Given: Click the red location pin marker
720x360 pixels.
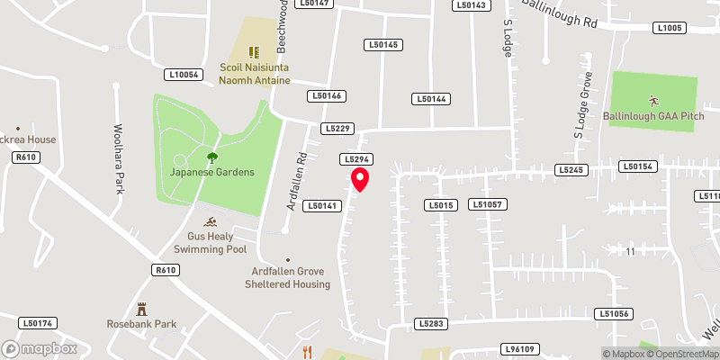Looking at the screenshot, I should tap(360, 179).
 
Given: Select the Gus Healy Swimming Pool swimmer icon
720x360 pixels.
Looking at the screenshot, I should tap(210, 222).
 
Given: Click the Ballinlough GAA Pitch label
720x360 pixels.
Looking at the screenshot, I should tap(653, 117).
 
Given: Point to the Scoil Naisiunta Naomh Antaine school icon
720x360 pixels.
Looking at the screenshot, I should tap(255, 51).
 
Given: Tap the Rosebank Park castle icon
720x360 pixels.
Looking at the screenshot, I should tap(140, 309).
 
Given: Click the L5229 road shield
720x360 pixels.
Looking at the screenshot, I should tap(337, 129).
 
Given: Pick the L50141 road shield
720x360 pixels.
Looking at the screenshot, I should tap(322, 205).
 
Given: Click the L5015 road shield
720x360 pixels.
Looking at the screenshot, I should tap(439, 205).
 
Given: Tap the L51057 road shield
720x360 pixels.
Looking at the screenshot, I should tap(488, 205).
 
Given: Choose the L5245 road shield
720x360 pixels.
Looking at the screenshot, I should tap(571, 169).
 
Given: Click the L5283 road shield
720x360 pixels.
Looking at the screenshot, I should tap(432, 323).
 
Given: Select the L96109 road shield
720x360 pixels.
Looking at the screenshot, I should tap(519, 349).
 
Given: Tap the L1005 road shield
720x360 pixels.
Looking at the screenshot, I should tap(670, 29).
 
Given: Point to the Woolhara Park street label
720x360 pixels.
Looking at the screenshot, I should tap(118, 147).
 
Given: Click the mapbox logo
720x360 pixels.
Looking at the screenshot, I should tap(39, 348).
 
